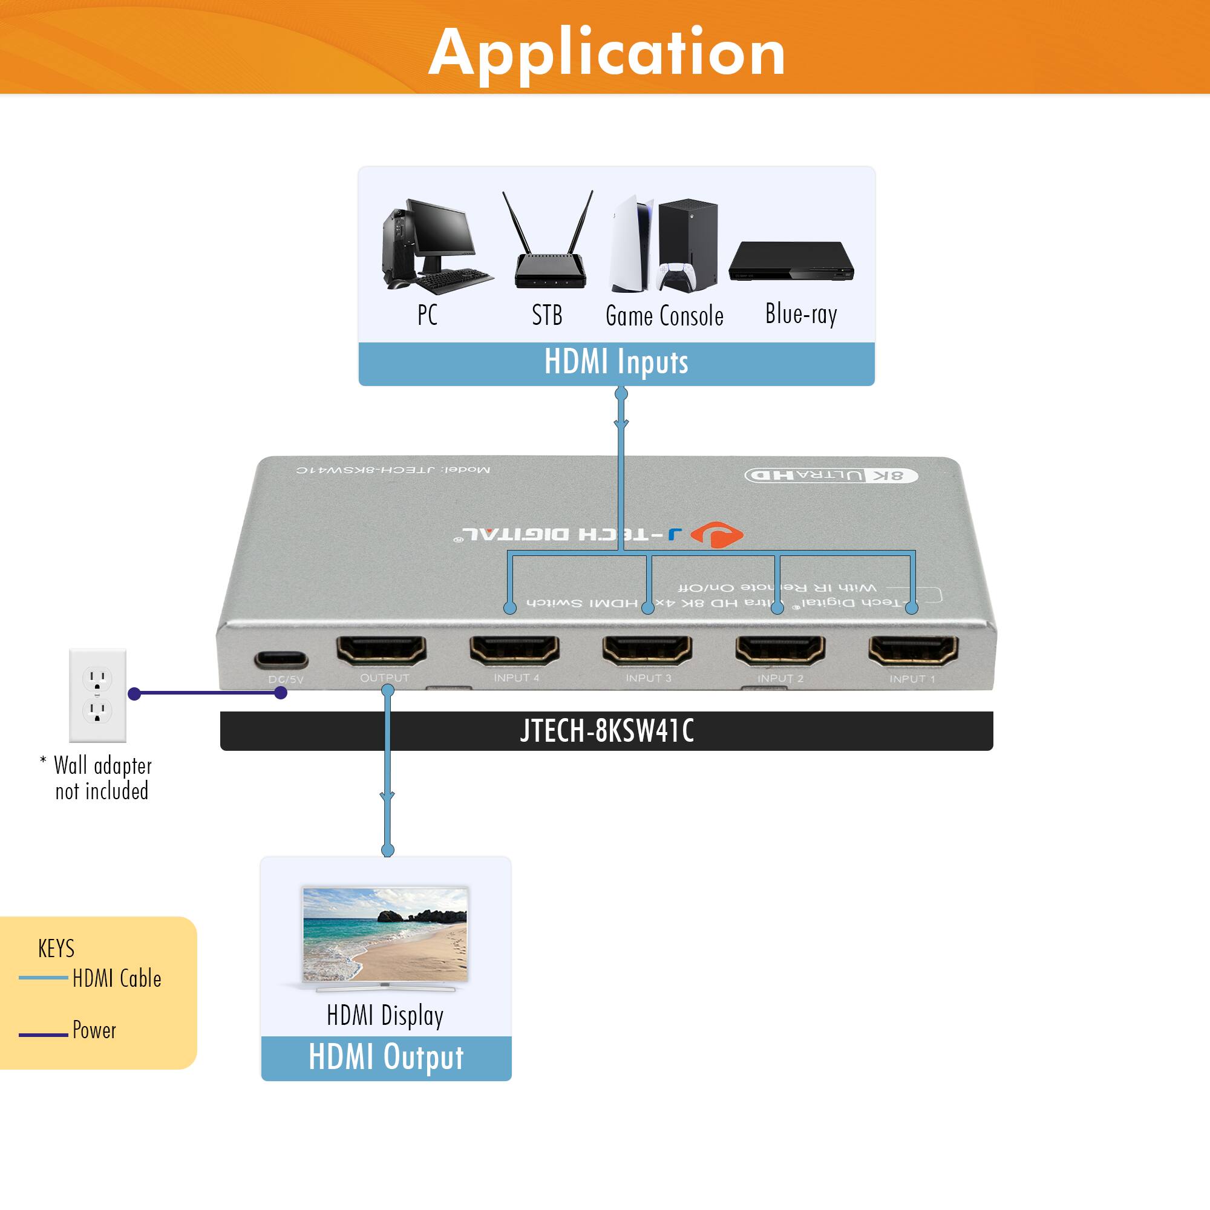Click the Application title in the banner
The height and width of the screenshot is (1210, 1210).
pyautogui.click(x=606, y=53)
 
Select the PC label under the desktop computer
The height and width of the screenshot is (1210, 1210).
pyautogui.click(x=427, y=315)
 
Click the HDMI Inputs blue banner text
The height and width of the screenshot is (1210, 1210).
pyautogui.click(x=616, y=362)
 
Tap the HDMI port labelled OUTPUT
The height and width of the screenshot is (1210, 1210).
pyautogui.click(x=381, y=651)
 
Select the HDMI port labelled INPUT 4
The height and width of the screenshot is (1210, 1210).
pyautogui.click(x=514, y=651)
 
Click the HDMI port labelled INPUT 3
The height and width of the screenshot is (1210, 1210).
pyautogui.click(x=647, y=651)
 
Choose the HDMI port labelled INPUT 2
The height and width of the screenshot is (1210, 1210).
pyautogui.click(x=780, y=651)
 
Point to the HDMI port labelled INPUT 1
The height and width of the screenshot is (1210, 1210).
pyautogui.click(x=912, y=651)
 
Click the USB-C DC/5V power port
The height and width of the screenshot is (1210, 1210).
pyautogui.click(x=281, y=659)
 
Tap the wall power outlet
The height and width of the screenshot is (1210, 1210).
pyautogui.click(x=97, y=695)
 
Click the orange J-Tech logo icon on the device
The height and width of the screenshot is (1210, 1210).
pyautogui.click(x=717, y=534)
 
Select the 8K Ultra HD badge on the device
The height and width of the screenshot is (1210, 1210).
pyautogui.click(x=831, y=476)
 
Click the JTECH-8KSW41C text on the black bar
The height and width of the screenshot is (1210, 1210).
pyautogui.click(x=606, y=731)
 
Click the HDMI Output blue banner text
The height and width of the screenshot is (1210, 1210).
pyautogui.click(x=386, y=1057)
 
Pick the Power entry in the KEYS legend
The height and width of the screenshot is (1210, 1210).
pyautogui.click(x=94, y=1030)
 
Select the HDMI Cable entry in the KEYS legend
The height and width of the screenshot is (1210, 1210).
pyautogui.click(x=117, y=978)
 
